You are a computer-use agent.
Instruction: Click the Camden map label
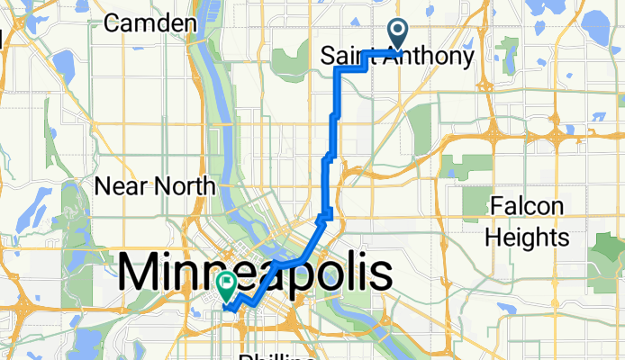point(150,23)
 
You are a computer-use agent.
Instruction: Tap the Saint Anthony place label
point(397,58)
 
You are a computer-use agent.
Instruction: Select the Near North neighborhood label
point(155,186)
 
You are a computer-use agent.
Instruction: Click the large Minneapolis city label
point(256,272)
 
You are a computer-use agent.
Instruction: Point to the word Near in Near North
point(123,186)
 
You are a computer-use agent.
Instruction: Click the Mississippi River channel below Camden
point(217,81)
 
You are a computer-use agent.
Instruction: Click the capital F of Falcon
point(496,207)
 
